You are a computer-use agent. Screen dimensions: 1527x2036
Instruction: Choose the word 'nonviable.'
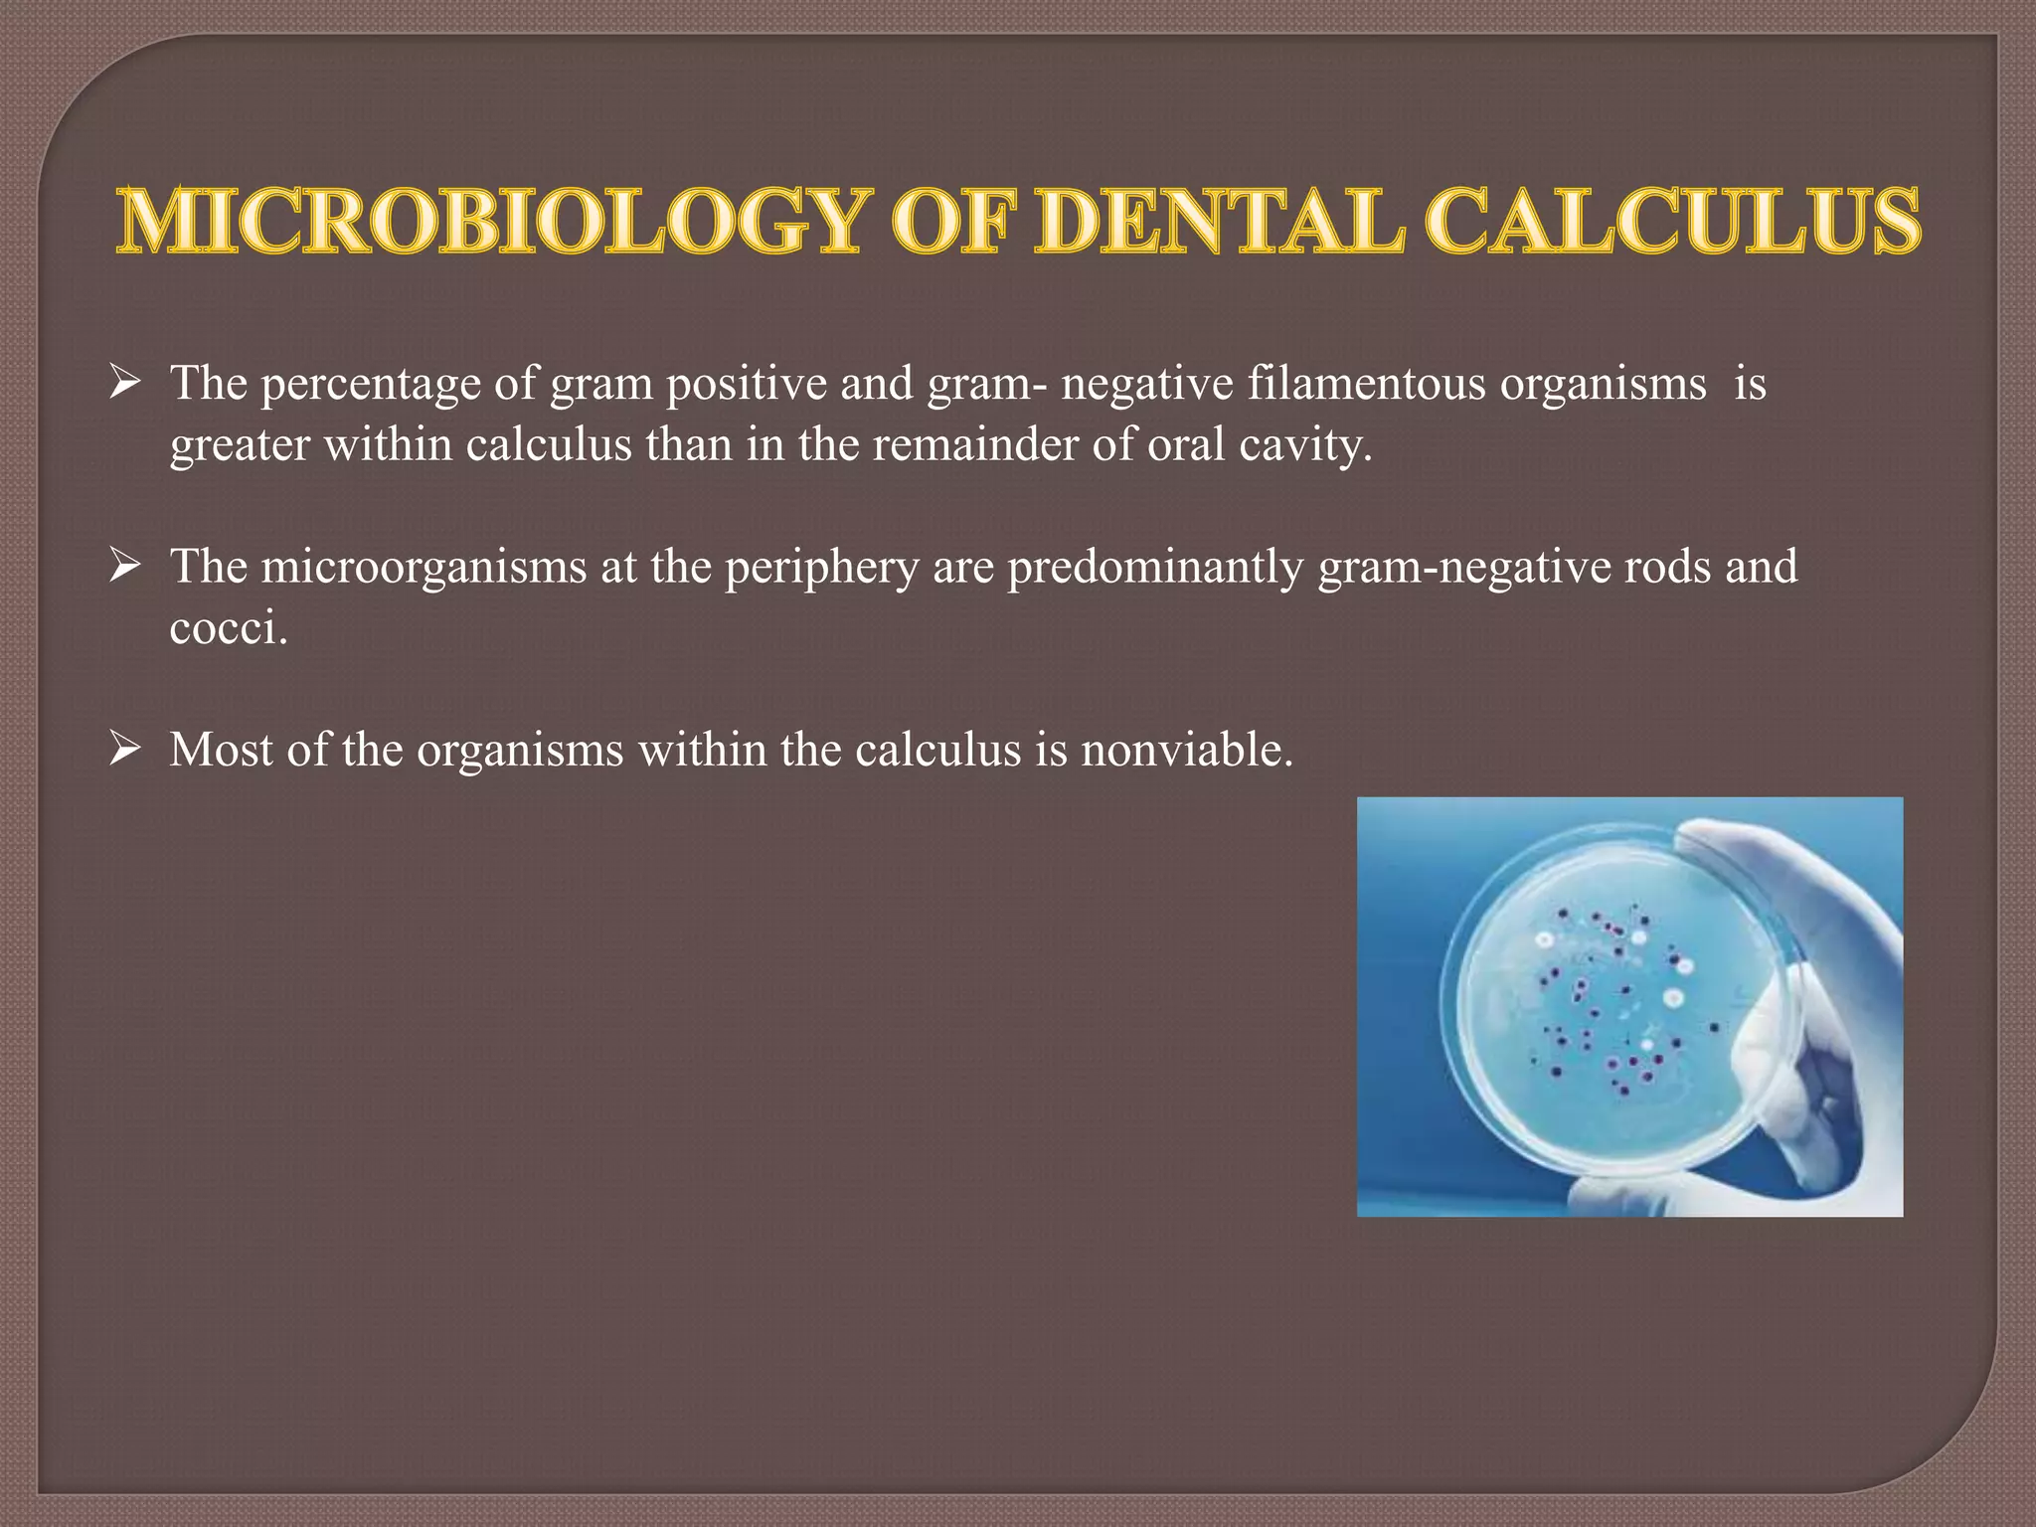pyautogui.click(x=1187, y=750)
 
